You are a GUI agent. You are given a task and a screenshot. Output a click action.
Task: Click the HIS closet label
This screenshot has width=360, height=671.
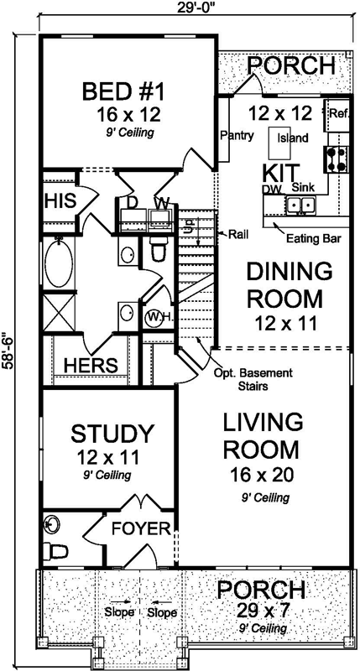(x=59, y=201)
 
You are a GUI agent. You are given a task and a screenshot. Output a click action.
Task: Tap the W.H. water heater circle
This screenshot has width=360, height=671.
(x=155, y=317)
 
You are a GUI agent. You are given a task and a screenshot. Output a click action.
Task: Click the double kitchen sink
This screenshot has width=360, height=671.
(x=297, y=204)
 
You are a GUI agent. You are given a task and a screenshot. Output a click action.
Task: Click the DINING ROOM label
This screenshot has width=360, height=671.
(x=285, y=285)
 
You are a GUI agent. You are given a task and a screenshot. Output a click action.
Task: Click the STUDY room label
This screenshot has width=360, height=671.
(x=112, y=434)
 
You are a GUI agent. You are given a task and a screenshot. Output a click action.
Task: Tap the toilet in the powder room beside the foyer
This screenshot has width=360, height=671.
(x=57, y=551)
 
